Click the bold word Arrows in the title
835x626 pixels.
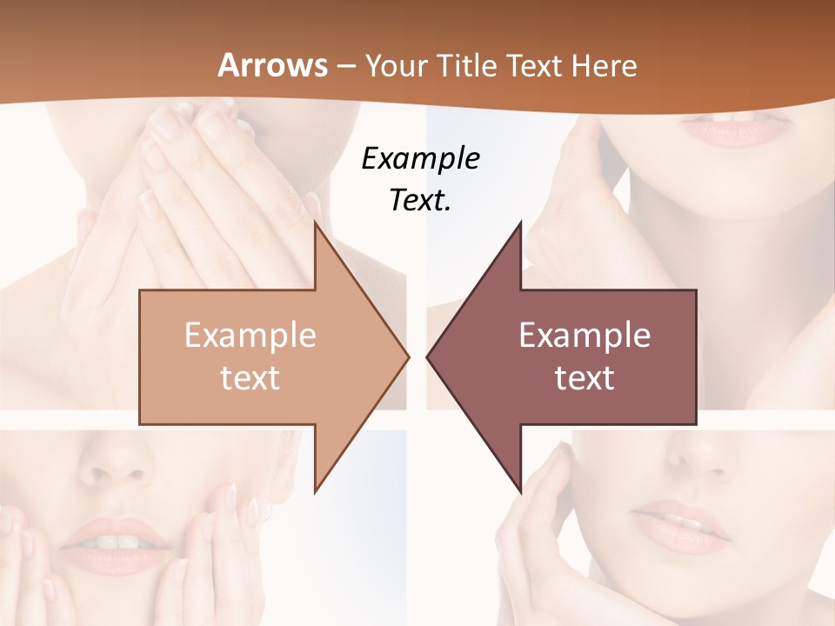pyautogui.click(x=273, y=66)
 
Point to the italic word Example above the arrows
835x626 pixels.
pyautogui.click(x=420, y=158)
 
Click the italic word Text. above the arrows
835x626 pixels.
pyautogui.click(x=420, y=200)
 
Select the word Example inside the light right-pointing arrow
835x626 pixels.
pyautogui.click(x=250, y=336)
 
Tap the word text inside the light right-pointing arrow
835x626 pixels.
pyautogui.click(x=250, y=377)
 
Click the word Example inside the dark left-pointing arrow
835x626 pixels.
pyautogui.click(x=584, y=336)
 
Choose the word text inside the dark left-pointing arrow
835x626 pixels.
pyautogui.click(x=584, y=377)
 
